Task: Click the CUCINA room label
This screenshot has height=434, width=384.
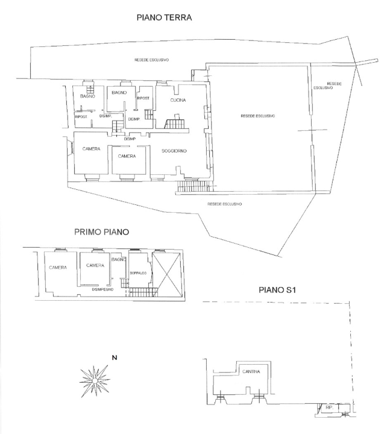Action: [x=178, y=101]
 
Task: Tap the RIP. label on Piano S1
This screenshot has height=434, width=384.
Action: [x=329, y=407]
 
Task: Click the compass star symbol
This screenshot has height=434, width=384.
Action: [x=94, y=380]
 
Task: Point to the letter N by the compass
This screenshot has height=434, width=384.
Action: [x=115, y=358]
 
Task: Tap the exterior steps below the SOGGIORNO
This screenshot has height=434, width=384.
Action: [x=192, y=188]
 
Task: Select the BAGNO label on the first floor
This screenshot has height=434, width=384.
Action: [x=118, y=259]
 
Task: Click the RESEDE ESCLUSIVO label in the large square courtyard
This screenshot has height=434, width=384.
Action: [x=257, y=116]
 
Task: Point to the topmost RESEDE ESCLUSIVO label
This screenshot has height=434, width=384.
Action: [x=151, y=60]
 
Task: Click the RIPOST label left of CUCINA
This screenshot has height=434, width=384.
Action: [x=143, y=98]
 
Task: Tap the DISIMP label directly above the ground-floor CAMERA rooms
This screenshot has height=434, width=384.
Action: [x=129, y=139]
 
